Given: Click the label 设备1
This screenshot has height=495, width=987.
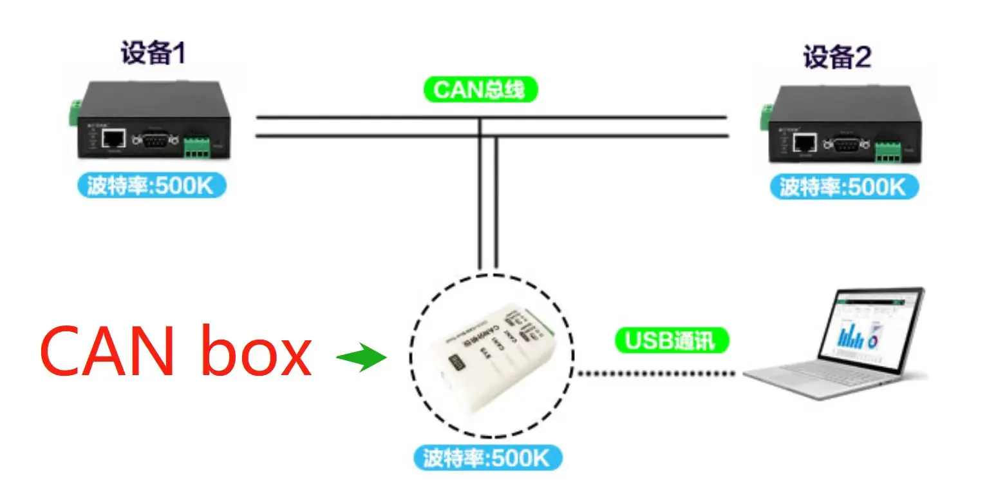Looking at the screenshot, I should pos(153,53).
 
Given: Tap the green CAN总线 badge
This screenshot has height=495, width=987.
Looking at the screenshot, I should pos(480,90).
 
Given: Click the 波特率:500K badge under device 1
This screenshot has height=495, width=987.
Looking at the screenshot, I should pos(151,186).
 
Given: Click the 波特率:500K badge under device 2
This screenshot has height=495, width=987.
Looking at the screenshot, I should pos(843,188).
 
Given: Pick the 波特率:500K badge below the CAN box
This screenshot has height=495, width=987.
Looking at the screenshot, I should pos(487,459).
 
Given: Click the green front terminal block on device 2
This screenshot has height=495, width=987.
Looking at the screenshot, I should pos(887,152).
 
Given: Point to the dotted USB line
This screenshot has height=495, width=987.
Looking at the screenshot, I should pos(657,373).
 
